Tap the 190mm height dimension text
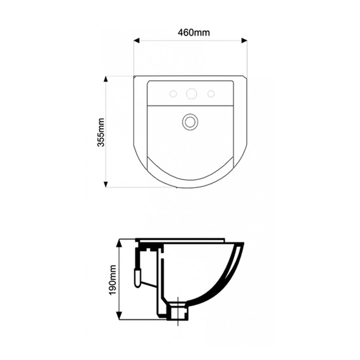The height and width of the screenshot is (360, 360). (112, 281)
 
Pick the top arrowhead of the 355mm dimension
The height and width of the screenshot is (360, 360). (106, 79)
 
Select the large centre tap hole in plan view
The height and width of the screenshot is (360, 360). (191, 94)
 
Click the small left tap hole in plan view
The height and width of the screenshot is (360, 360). (172, 94)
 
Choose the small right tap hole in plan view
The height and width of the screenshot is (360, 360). (210, 94)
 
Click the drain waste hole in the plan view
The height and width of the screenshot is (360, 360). (190, 121)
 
